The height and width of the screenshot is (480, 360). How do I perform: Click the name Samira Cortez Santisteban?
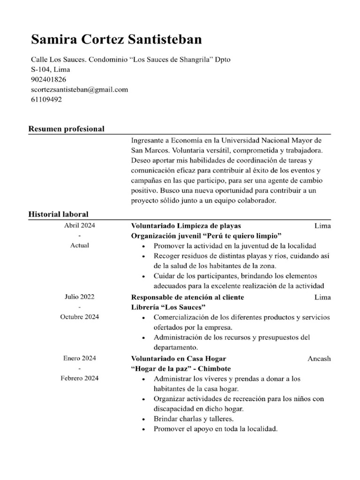click(x=116, y=40)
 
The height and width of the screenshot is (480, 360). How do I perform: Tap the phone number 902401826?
click(x=48, y=80)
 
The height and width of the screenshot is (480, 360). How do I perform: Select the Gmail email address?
click(x=79, y=90)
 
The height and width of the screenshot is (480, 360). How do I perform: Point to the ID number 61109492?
click(x=46, y=99)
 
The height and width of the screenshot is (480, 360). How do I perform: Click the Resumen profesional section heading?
click(x=66, y=129)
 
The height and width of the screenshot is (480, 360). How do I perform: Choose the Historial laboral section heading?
click(x=58, y=214)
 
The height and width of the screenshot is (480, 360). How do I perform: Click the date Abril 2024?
click(x=80, y=225)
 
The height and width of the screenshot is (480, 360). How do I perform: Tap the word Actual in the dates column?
click(x=80, y=245)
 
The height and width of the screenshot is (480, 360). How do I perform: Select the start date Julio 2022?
click(x=80, y=297)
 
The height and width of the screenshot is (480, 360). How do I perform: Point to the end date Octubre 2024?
click(x=80, y=317)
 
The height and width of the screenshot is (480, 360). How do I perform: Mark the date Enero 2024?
click(x=80, y=359)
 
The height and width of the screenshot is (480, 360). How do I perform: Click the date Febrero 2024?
click(x=80, y=378)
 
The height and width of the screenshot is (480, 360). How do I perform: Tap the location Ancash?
click(x=319, y=359)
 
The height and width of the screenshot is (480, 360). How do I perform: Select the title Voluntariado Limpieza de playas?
click(x=186, y=225)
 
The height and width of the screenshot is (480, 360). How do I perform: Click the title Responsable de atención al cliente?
click(x=187, y=297)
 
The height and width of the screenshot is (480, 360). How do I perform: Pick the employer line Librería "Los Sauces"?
click(x=168, y=307)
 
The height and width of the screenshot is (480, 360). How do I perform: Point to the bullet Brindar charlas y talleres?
click(x=194, y=419)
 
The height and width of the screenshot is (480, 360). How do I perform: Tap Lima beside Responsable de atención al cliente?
click(x=322, y=297)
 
